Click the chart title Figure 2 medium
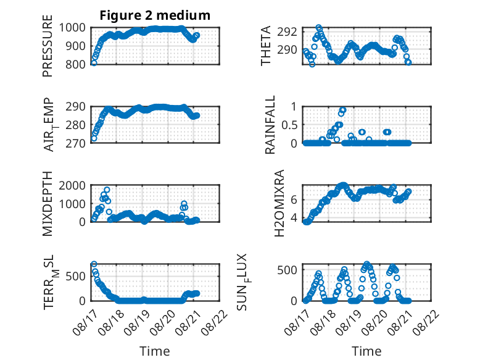click(155, 15)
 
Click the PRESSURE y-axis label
click(48, 46)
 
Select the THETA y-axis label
click(266, 46)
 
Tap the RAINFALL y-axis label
click(270, 125)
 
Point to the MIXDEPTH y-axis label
click(48, 204)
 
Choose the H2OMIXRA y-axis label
click(279, 203)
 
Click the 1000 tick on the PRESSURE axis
click(72, 28)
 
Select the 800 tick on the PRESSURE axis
click(75, 64)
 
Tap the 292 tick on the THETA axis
click(287, 31)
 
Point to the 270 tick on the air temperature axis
click(75, 143)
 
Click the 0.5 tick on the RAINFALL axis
click(289, 125)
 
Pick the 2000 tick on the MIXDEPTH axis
click(72, 185)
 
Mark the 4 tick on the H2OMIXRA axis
click(294, 218)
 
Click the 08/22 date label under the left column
click(214, 322)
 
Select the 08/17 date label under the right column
click(297, 322)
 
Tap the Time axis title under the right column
click(366, 351)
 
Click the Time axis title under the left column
click(155, 351)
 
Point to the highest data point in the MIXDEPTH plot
click(107, 190)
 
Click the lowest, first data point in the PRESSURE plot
click(94, 63)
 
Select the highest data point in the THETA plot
click(319, 27)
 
